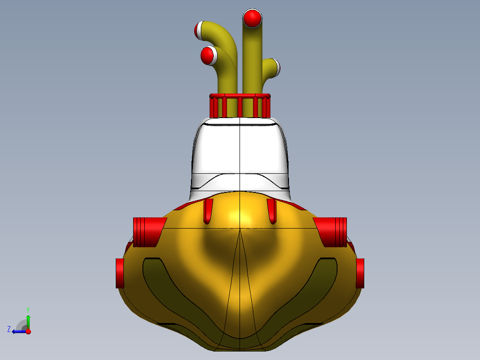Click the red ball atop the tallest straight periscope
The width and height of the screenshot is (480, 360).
pos(252,18)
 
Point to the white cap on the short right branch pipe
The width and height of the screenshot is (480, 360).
pos(277,67)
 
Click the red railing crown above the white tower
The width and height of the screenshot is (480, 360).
pos(240,105)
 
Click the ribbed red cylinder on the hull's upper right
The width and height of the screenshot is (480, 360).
pos(330,232)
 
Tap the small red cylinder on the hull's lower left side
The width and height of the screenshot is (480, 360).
pos(120,273)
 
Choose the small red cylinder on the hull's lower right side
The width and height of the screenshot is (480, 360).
pos(360,273)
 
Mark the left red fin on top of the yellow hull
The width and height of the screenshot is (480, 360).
pos(208,210)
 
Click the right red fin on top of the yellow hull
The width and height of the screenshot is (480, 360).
pos(272,210)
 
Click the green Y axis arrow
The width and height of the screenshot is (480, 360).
pos(28,320)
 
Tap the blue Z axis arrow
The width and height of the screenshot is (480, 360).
pos(18,331)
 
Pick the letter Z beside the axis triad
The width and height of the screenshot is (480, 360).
pos(9,329)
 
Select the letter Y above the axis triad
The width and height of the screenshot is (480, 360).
pos(28,309)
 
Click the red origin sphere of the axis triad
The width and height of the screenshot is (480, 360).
pos(28,331)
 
